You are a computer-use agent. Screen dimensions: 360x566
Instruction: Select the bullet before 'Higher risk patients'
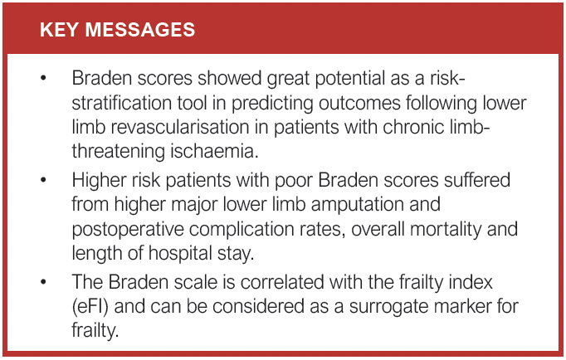coord(42,181)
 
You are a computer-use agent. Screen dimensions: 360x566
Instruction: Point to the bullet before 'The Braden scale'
coord(42,283)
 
